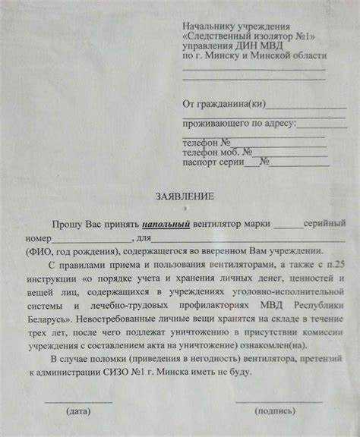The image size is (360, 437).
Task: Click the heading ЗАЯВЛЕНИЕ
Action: click(185, 196)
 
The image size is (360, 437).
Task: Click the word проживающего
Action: click(212, 124)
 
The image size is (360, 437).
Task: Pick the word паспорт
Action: click(199, 161)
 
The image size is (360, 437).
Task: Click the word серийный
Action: click(324, 225)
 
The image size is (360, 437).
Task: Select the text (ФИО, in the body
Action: click(39, 252)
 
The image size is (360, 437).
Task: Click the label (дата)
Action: click(78, 411)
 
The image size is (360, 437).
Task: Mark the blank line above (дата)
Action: click(78, 400)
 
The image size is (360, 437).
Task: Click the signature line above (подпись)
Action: click(277, 400)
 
